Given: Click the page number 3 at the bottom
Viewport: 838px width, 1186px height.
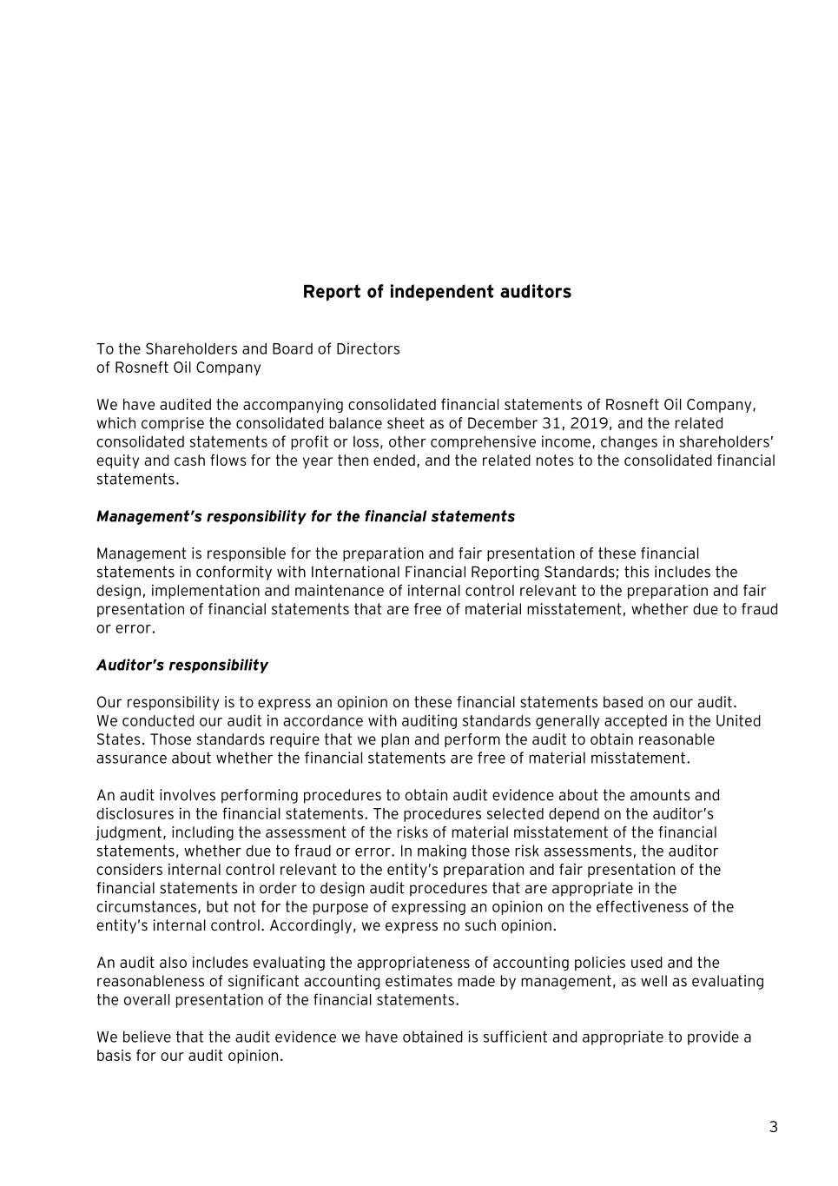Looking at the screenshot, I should pyautogui.click(x=773, y=1128).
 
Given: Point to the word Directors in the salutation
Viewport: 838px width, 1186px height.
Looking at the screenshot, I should pyautogui.click(x=369, y=349).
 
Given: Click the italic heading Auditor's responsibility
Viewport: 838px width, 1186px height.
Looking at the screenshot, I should pyautogui.click(x=182, y=666).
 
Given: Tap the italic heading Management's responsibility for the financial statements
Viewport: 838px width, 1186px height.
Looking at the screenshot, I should pyautogui.click(x=306, y=517).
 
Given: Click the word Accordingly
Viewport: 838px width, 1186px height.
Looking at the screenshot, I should pyautogui.click(x=310, y=926).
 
